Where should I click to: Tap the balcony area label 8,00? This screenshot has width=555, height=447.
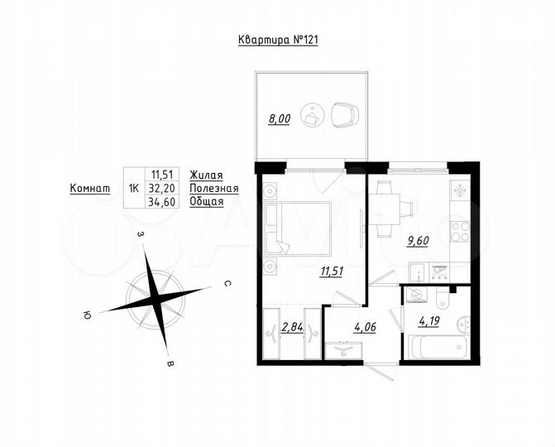tap(279, 118)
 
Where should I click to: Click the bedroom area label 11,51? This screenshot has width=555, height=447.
tap(333, 269)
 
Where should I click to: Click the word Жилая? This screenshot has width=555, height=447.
tap(206, 175)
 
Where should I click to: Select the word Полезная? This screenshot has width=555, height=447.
tap(213, 188)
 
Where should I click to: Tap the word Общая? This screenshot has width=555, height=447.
tap(206, 201)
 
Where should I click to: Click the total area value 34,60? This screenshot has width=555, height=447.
tap(162, 201)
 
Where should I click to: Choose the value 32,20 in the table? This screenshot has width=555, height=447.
tap(162, 188)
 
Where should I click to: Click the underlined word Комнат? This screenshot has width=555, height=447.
tap(89, 188)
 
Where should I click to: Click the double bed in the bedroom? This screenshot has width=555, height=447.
tap(300, 228)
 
